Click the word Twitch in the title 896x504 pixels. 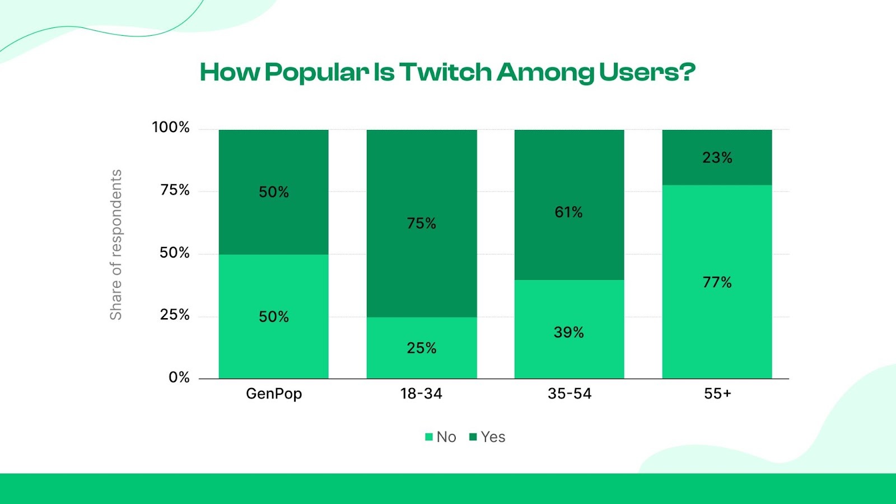pos(445,72)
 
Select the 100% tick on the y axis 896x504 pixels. pos(171,128)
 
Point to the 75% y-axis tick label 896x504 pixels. pos(175,190)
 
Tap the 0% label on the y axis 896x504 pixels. pos(179,377)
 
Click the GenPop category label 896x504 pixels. pos(274,394)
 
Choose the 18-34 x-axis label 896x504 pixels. pos(421,394)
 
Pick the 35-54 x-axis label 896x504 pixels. pos(570,394)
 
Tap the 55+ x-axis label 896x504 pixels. pos(717,394)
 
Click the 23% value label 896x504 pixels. pos(717,158)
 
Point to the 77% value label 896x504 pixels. pos(717,282)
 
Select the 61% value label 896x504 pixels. pos(569,212)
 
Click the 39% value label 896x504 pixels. pos(569,333)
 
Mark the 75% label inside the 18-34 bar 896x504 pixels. pos(421,223)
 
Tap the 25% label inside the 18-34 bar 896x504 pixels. pos(421,348)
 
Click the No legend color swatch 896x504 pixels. pos(429,437)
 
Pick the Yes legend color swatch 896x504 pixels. pos(473,437)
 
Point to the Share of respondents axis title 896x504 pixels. pos(116,245)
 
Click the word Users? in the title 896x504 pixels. pos(647,72)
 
